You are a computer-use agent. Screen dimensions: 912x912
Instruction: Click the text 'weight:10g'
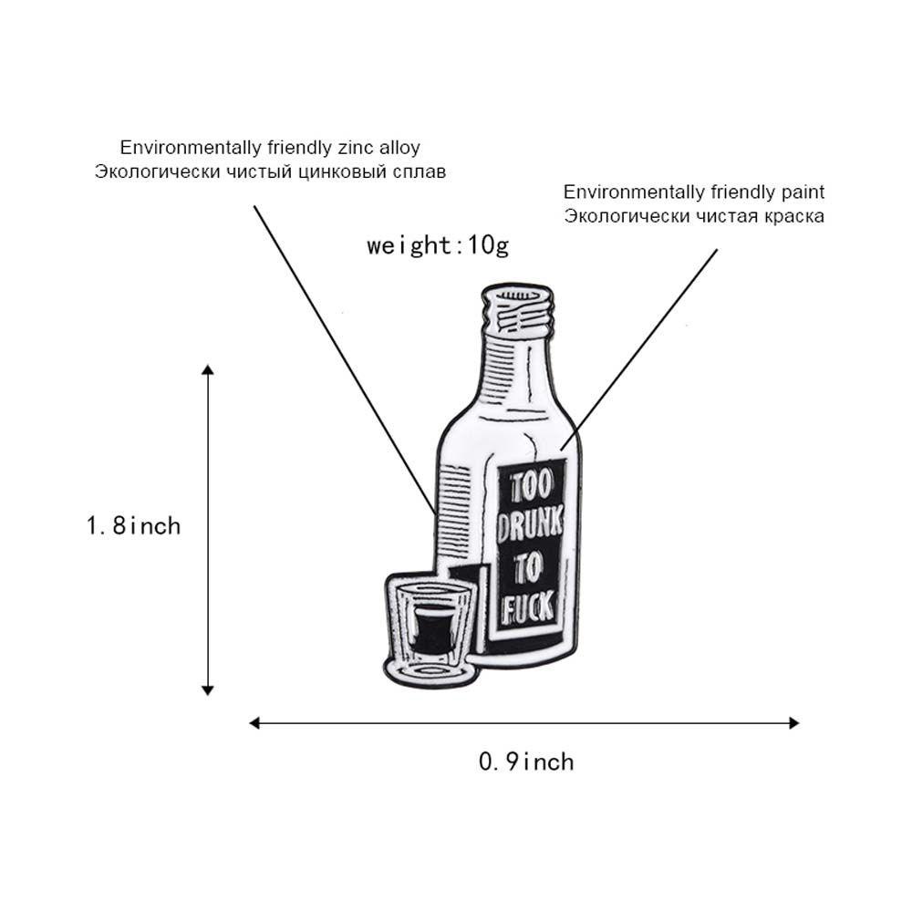click(x=438, y=246)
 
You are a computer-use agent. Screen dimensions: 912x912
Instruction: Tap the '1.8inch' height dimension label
click(x=134, y=526)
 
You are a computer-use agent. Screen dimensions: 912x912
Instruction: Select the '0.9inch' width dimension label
click(x=526, y=762)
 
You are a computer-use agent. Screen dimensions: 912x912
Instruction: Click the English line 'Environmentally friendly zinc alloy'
click(x=270, y=148)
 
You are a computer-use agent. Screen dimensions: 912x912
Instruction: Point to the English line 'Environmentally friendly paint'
click(x=694, y=192)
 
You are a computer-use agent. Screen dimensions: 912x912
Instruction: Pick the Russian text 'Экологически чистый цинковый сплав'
click(x=270, y=172)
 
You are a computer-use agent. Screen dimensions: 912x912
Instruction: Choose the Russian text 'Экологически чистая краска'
click(x=694, y=216)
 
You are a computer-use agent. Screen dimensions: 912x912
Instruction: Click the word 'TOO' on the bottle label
click(x=532, y=487)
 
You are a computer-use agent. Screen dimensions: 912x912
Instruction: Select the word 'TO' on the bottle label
click(x=528, y=567)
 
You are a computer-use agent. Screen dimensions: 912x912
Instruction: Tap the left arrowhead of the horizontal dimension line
click(x=254, y=723)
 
